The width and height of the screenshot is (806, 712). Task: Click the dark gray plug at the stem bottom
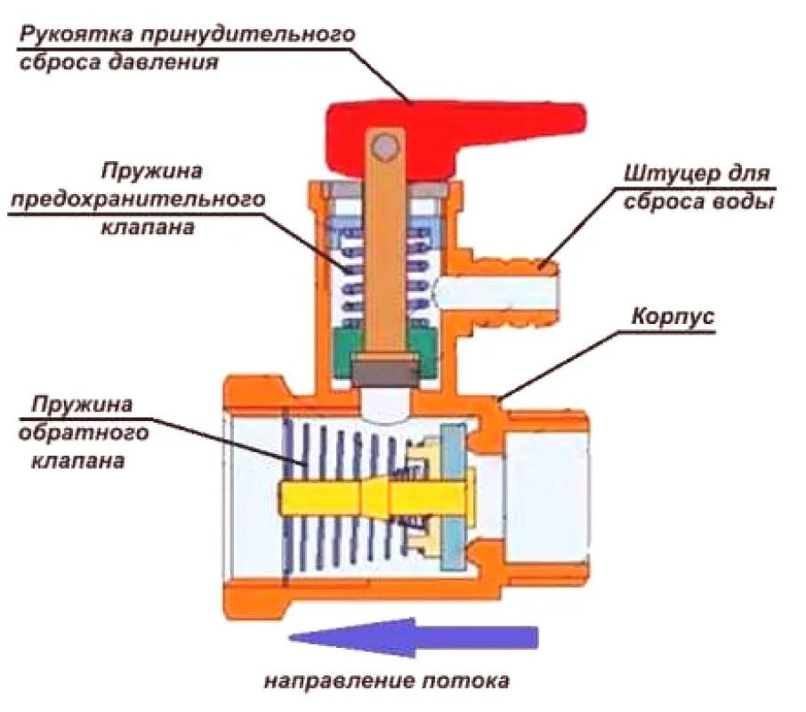386,370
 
